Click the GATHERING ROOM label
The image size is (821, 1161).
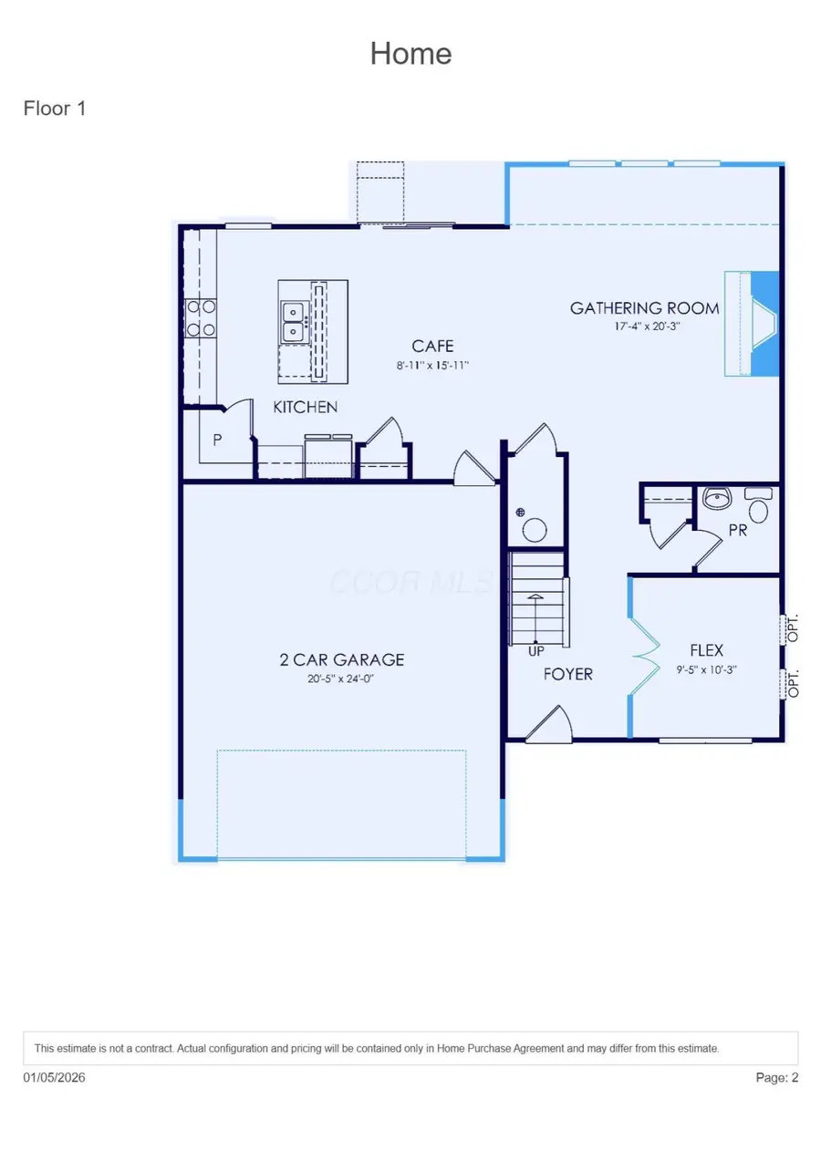click(x=644, y=308)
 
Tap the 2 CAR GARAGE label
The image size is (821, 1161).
click(x=342, y=659)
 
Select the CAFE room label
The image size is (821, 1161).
click(x=432, y=347)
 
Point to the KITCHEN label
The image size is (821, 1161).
click(x=306, y=407)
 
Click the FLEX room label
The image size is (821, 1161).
click(x=706, y=650)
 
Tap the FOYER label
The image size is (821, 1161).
click(x=567, y=674)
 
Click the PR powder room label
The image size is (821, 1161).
click(x=737, y=529)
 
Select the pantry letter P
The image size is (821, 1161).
click(x=218, y=440)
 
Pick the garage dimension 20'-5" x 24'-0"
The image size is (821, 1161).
click(x=342, y=679)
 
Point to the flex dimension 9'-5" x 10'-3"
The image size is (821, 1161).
click(x=706, y=669)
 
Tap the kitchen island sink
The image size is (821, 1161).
click(x=293, y=321)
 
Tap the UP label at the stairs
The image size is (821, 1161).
click(x=536, y=651)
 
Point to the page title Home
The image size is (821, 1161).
click(x=410, y=53)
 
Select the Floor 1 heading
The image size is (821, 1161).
click(x=55, y=109)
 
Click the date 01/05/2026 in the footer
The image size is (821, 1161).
click(x=55, y=1078)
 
